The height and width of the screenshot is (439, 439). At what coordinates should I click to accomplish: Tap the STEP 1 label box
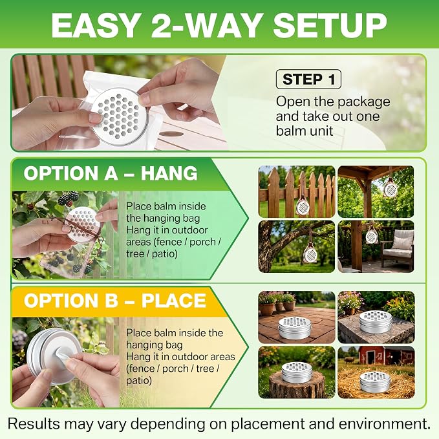click(308, 80)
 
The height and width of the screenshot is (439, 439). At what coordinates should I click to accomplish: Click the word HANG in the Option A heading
click(169, 173)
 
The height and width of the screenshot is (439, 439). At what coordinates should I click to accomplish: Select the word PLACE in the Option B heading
click(173, 301)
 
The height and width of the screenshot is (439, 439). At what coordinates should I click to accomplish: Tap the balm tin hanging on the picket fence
click(303, 206)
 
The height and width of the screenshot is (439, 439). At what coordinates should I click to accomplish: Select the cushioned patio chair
click(397, 249)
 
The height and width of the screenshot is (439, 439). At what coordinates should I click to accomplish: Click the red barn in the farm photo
click(386, 356)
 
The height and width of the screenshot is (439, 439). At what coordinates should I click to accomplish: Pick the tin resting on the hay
click(374, 382)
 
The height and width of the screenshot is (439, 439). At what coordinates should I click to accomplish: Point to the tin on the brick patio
click(295, 327)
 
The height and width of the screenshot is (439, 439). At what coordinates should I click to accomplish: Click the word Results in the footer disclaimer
click(34, 423)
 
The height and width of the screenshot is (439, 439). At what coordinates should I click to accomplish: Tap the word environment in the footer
click(383, 424)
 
